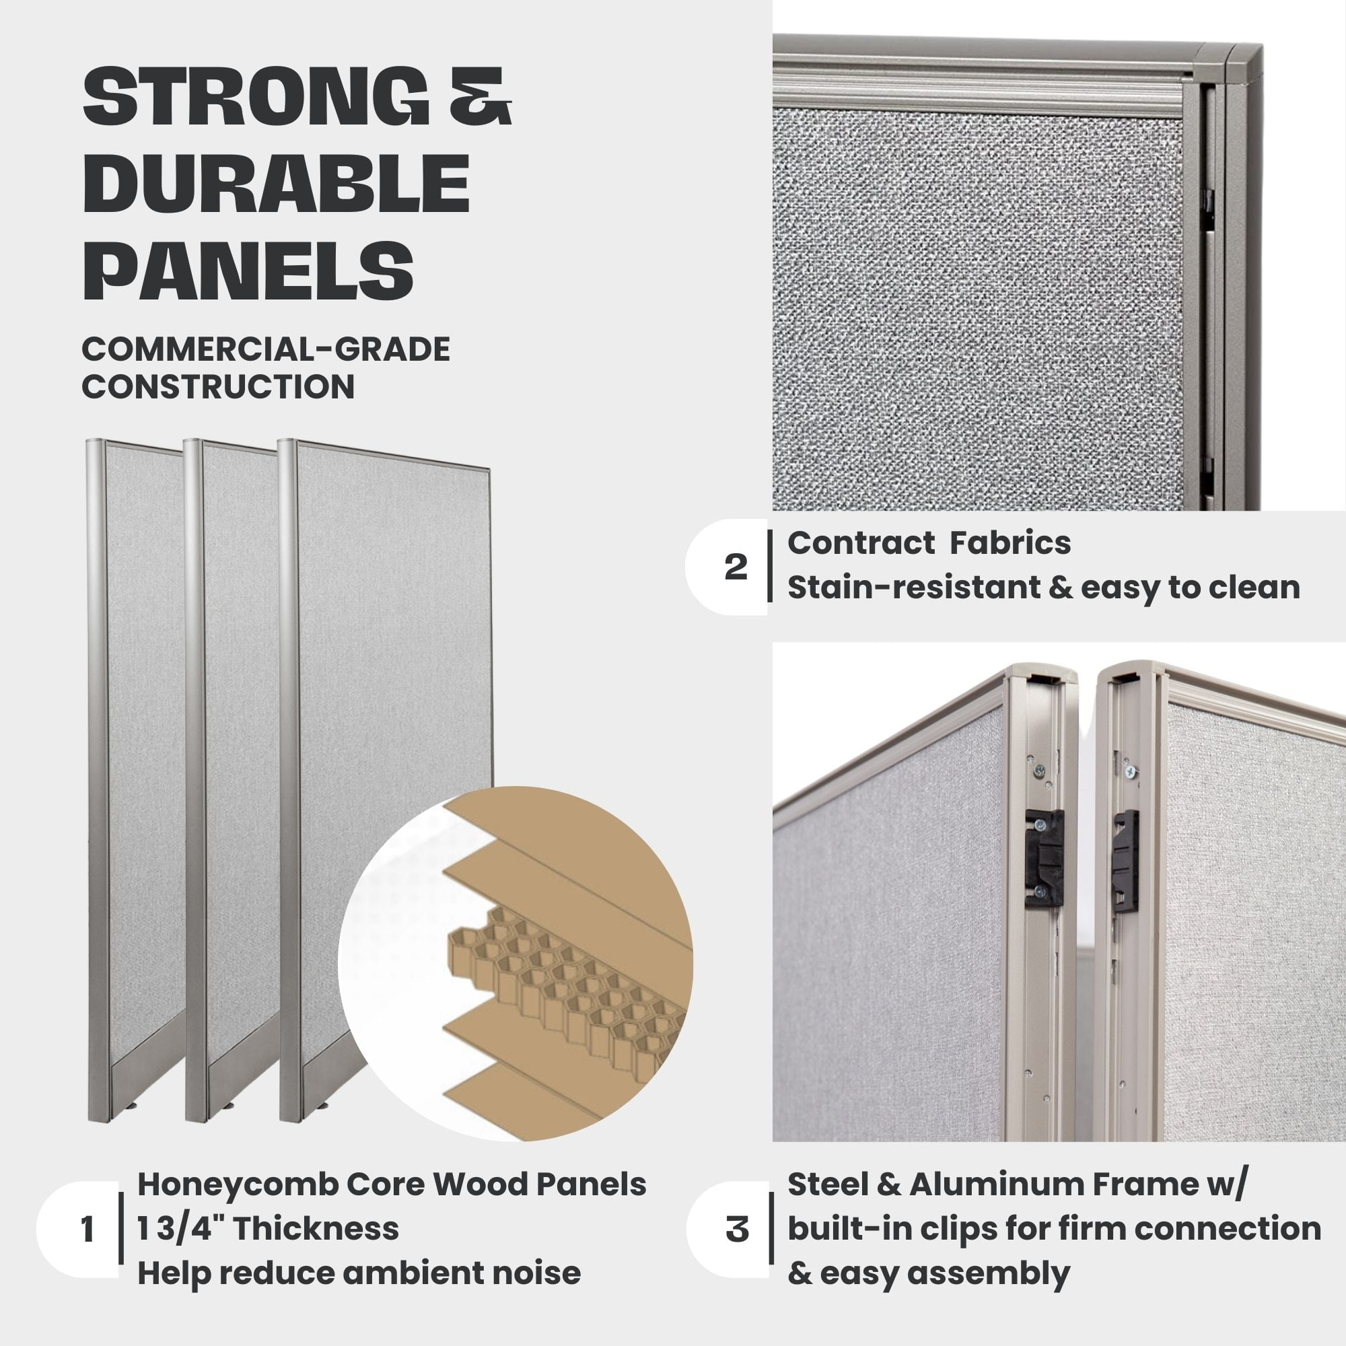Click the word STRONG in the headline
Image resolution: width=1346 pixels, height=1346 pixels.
(x=256, y=97)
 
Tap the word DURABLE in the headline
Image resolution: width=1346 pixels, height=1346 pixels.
(x=276, y=184)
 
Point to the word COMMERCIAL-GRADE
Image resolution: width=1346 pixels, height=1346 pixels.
(x=265, y=349)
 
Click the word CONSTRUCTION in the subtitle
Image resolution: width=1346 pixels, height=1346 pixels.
(x=218, y=387)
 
